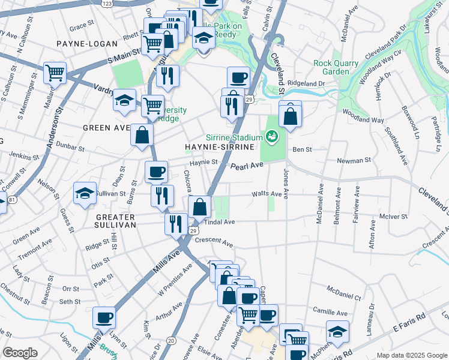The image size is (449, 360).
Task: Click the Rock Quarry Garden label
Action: click(336, 67)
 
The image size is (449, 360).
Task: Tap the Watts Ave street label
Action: click(267, 194)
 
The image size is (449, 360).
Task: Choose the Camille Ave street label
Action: click(330, 313)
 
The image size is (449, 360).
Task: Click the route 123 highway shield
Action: click(107, 4)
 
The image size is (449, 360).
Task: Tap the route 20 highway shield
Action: click(172, 341)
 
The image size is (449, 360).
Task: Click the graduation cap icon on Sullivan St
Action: click(85, 193)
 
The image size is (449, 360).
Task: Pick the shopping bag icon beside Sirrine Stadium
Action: click(290, 116)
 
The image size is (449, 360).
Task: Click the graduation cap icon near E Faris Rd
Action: click(337, 332)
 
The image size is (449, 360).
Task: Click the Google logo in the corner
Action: click(20, 353)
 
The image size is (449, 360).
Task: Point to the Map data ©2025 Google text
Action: click(411, 355)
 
